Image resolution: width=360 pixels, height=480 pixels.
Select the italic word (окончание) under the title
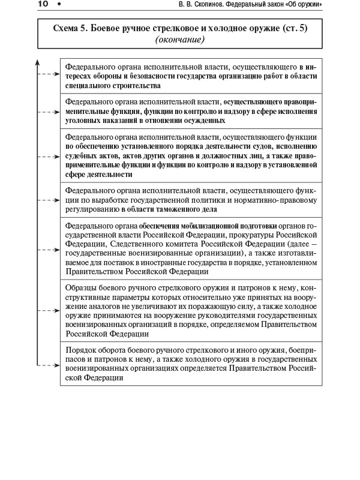179,40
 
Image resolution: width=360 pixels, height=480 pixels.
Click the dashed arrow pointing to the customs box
49,200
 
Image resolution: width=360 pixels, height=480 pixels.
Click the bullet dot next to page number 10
59,6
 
